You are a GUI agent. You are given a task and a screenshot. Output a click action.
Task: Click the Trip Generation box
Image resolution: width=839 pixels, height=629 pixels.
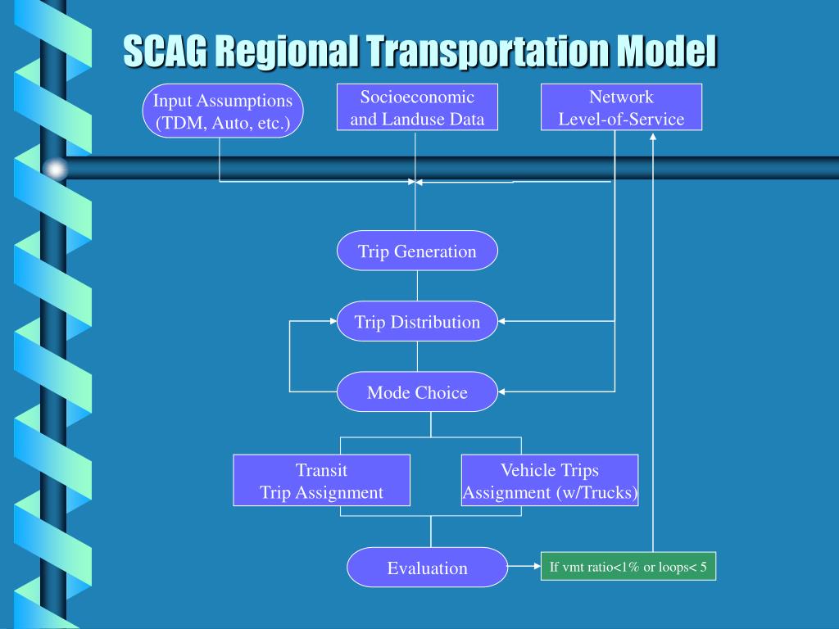click(417, 251)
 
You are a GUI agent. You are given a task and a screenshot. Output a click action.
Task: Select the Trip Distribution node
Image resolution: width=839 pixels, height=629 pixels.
click(417, 321)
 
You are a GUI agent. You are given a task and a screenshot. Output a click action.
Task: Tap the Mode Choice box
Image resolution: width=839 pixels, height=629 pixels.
click(417, 391)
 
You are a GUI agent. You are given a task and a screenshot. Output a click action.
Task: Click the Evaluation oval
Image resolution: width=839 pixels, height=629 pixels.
click(427, 568)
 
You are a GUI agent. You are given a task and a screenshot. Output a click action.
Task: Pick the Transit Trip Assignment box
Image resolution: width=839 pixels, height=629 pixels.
click(321, 481)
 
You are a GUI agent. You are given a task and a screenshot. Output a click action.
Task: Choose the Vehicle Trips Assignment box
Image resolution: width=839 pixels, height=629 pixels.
click(550, 481)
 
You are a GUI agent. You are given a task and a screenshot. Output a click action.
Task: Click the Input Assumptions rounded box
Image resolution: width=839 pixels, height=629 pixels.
click(223, 111)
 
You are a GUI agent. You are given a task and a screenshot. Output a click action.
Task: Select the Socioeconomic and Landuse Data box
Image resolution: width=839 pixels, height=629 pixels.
click(417, 107)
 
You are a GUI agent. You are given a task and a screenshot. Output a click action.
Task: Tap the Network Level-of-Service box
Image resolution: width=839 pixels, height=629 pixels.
click(621, 107)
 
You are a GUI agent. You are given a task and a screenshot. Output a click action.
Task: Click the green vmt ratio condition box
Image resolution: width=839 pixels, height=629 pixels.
click(628, 567)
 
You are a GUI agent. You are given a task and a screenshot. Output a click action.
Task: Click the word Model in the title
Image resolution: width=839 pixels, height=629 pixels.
click(665, 51)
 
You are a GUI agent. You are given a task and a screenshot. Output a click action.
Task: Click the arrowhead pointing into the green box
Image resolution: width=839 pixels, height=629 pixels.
click(536, 566)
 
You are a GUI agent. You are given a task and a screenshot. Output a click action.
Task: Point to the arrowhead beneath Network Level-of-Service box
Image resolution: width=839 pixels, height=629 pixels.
click(653, 137)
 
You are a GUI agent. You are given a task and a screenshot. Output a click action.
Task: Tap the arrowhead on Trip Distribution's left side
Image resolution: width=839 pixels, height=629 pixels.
click(332, 321)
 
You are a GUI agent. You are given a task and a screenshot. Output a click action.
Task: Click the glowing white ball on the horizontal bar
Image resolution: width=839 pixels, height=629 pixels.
click(55, 169)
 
